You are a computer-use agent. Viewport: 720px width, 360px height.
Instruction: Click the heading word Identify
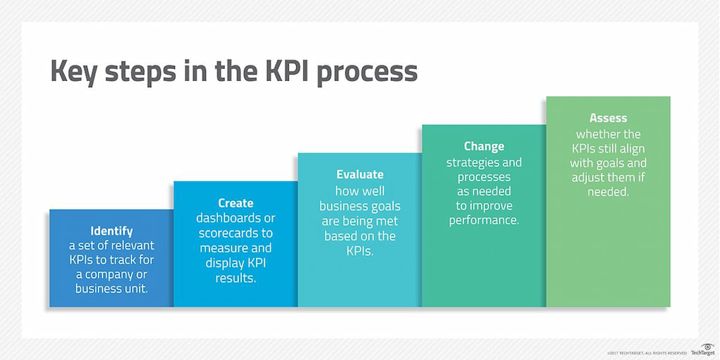tap(111, 231)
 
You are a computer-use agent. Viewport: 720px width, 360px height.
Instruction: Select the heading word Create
tap(236, 202)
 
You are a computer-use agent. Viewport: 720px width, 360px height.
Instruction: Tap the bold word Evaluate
tap(360, 174)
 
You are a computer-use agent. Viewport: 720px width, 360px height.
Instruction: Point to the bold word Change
tap(484, 146)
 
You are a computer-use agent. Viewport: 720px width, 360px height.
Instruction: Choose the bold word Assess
tap(608, 118)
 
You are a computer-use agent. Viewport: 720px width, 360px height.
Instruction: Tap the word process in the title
tap(371, 73)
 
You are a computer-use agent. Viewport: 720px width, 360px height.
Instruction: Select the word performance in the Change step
tap(484, 220)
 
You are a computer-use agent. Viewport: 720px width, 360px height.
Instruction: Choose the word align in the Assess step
tap(631, 148)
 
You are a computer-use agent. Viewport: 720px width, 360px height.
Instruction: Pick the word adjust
tap(589, 177)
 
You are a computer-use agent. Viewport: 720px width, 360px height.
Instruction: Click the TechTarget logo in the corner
tap(703, 349)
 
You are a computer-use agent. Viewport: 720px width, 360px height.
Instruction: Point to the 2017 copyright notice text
tap(647, 352)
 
